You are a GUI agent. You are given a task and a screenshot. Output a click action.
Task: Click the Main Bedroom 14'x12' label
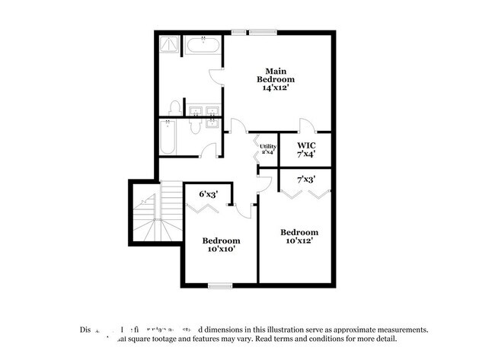[273, 79]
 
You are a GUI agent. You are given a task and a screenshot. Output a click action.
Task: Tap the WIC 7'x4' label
[306, 149]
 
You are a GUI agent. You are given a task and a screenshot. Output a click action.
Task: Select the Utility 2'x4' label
[267, 149]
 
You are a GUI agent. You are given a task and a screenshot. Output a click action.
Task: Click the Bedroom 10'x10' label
[221, 244]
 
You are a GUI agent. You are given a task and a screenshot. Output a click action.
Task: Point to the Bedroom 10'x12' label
[299, 236]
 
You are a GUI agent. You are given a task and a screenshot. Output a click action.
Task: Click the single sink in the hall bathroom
[211, 126]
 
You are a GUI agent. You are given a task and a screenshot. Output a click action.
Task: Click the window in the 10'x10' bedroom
[220, 286]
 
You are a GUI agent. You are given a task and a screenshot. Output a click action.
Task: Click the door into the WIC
[305, 126]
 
